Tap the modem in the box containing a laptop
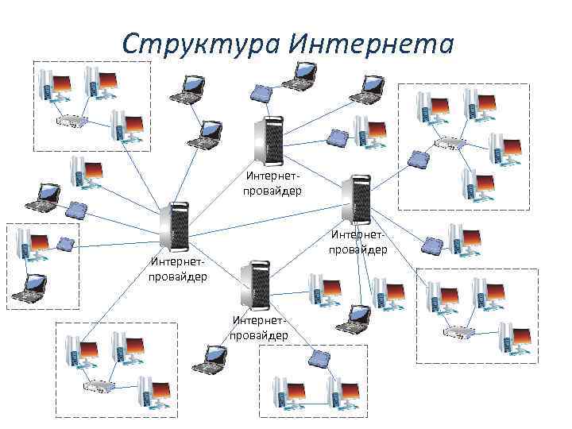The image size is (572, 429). (x=64, y=243)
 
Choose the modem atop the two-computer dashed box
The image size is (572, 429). (x=320, y=358)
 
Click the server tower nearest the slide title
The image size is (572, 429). (x=267, y=140)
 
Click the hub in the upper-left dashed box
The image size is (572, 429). (x=72, y=122)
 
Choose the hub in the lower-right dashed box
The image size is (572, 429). (x=459, y=332)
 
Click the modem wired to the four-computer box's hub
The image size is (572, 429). (x=417, y=159)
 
